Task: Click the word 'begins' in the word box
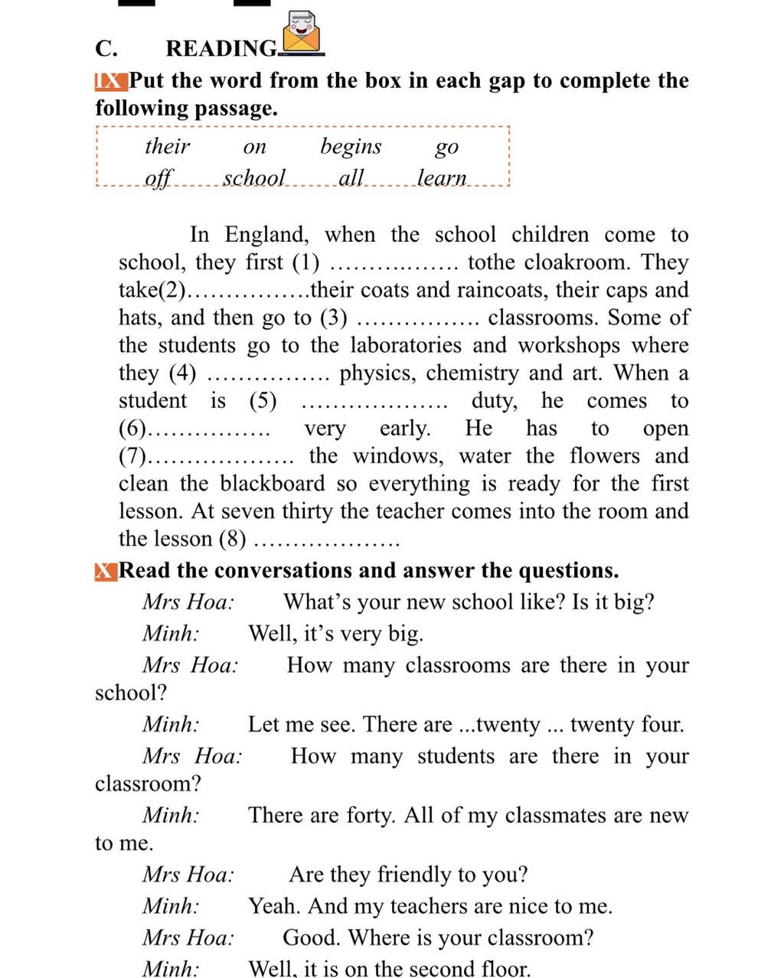[351, 146]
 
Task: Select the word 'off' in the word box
[159, 178]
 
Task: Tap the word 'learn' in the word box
[442, 178]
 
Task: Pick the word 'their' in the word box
[167, 146]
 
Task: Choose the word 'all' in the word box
[351, 178]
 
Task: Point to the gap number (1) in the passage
[306, 262]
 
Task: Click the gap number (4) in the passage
[182, 373]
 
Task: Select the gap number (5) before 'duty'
[263, 401]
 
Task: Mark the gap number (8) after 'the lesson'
[233, 539]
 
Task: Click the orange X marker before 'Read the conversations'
[106, 571]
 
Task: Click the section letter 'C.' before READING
[106, 49]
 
